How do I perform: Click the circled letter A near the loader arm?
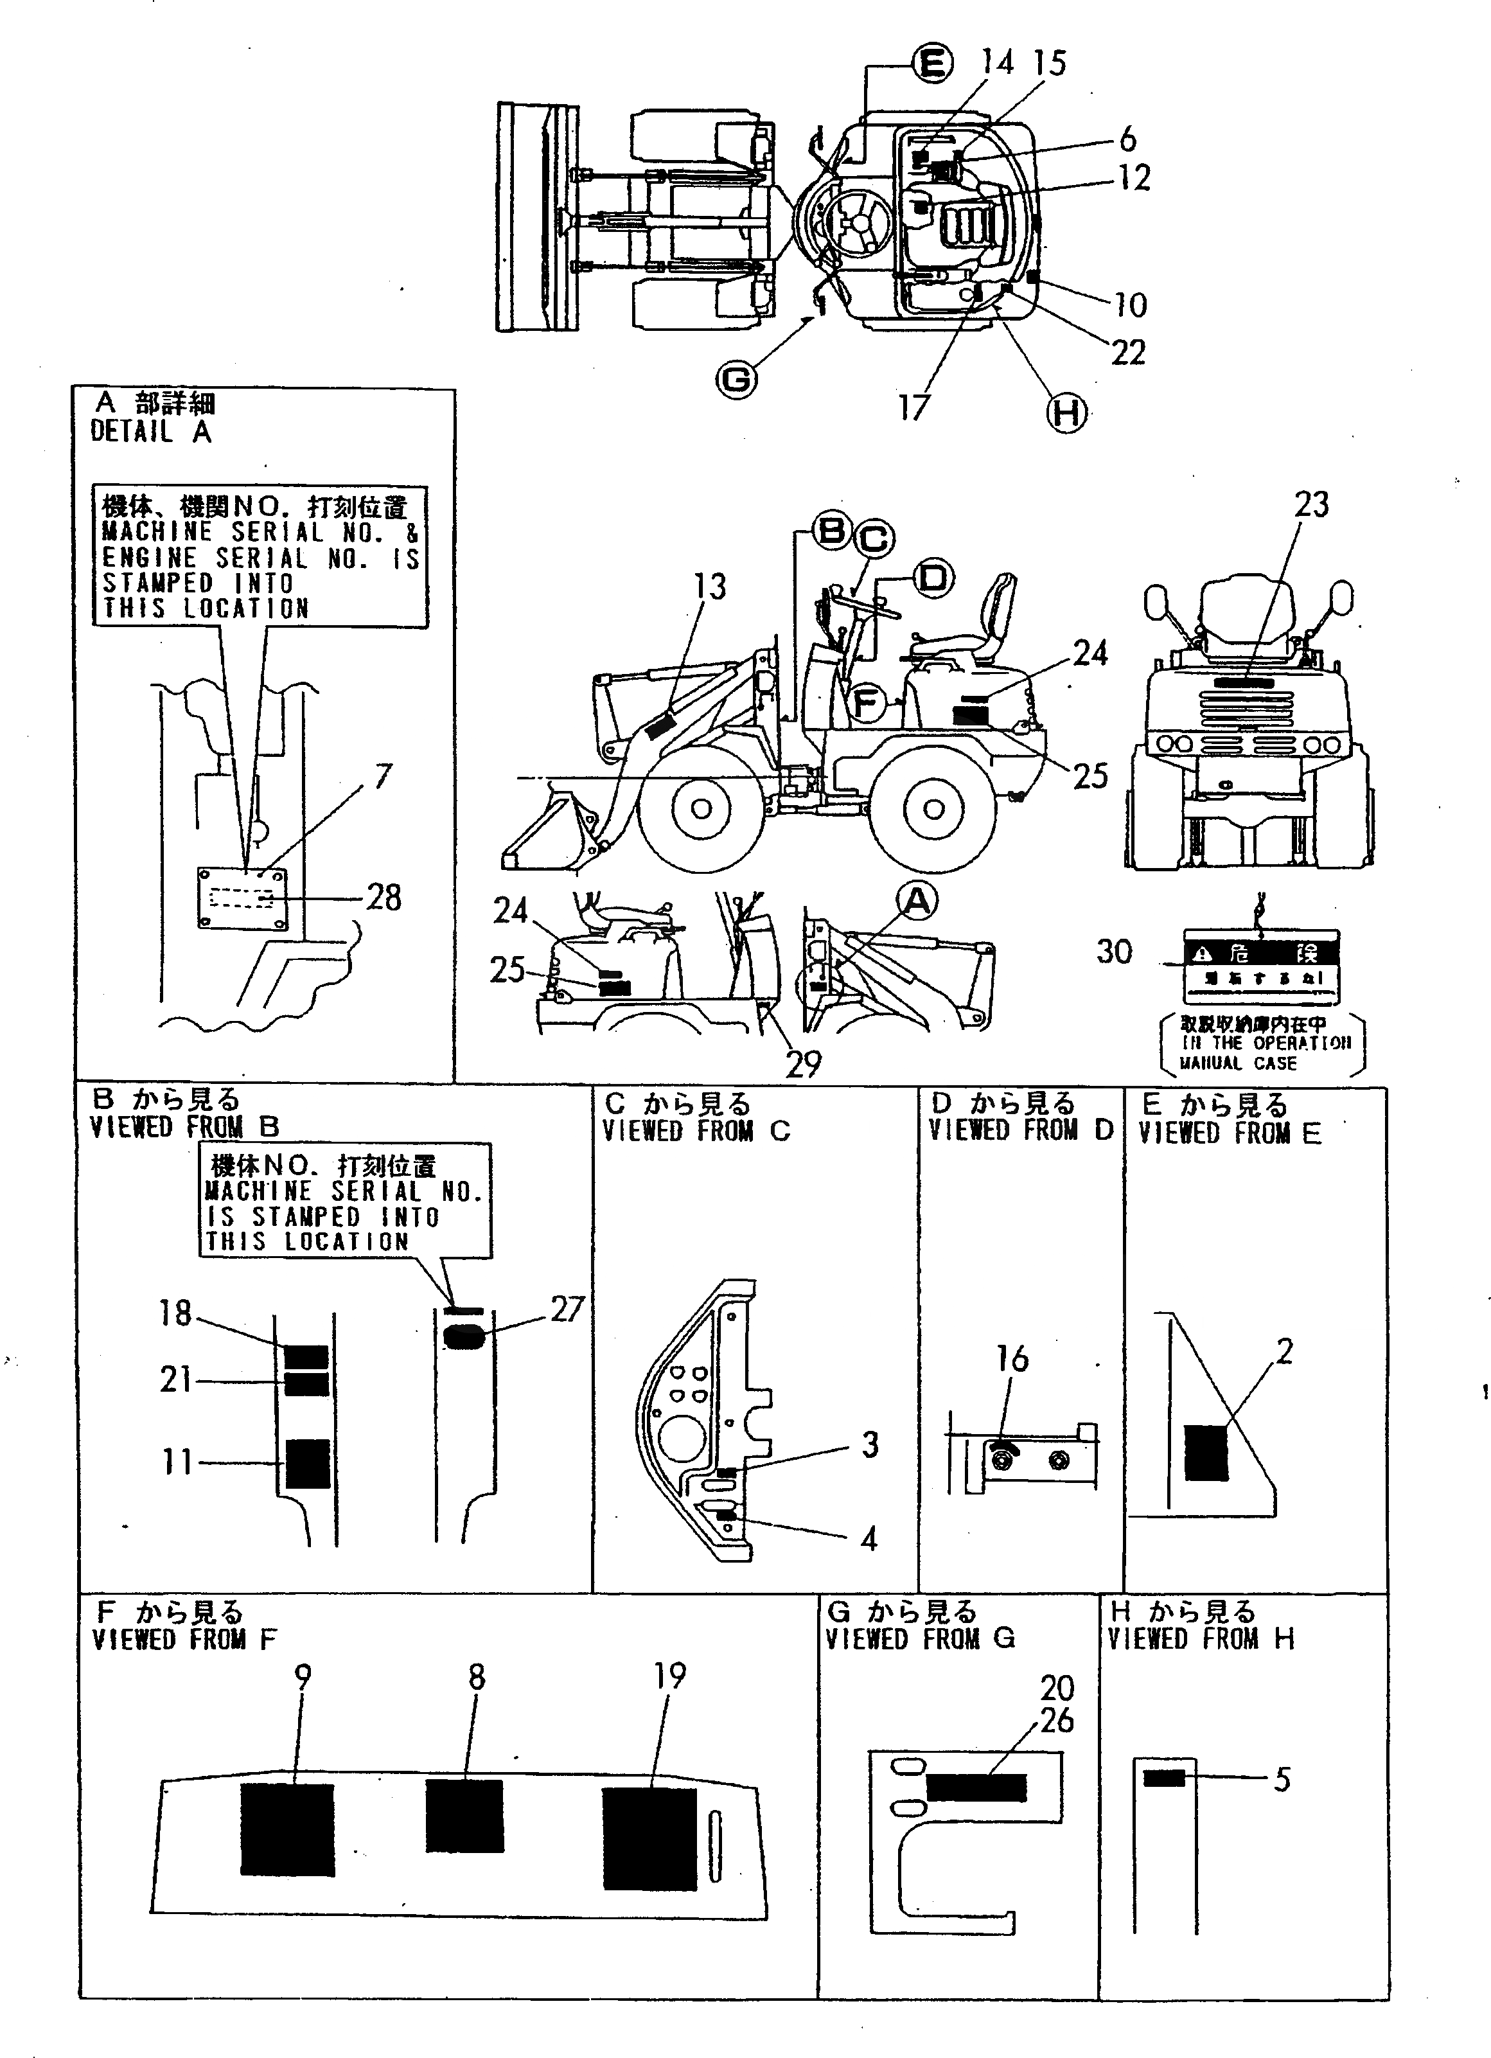tap(917, 900)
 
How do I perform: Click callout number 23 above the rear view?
tap(1310, 504)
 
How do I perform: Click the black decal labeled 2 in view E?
tap(1206, 1453)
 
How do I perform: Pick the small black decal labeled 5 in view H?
tap(1163, 1779)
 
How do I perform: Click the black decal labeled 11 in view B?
tap(308, 1464)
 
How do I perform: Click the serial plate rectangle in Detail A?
tap(242, 898)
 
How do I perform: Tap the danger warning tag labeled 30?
tap(1262, 966)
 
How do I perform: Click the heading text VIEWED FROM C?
tap(696, 1131)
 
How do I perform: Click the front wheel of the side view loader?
tap(701, 808)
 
